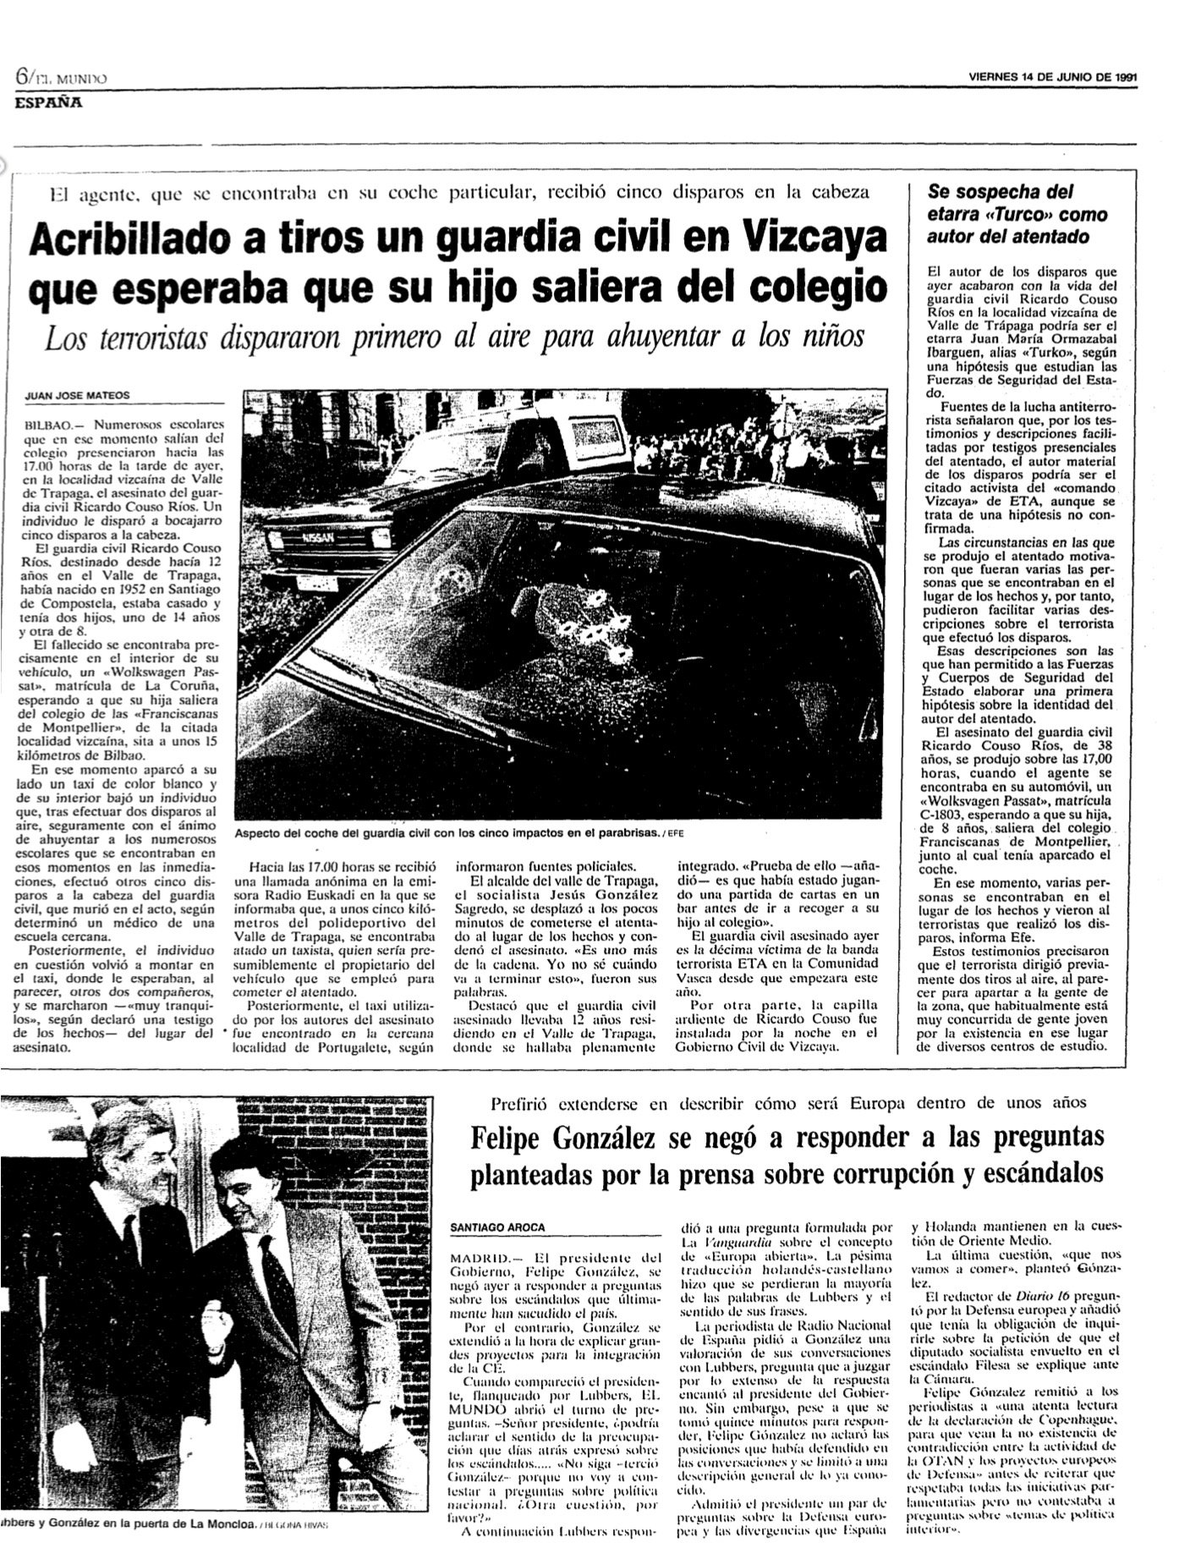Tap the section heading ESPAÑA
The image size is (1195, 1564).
tap(47, 104)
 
